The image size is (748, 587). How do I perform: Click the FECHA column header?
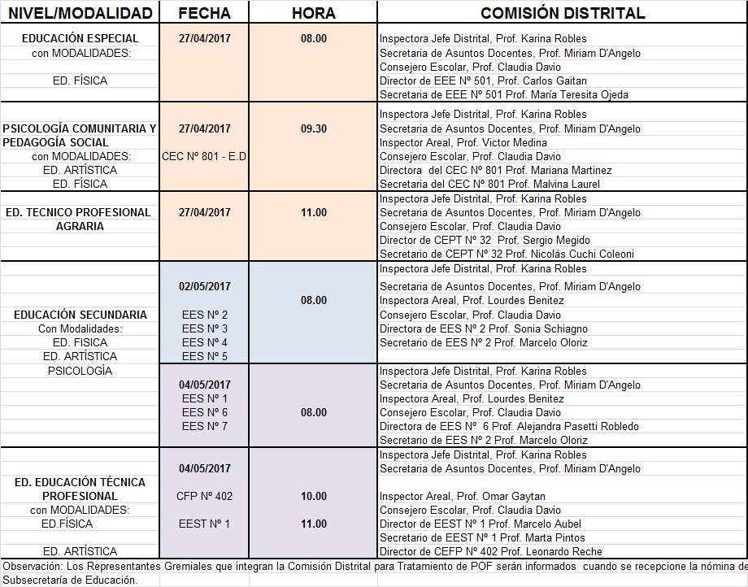[x=203, y=13]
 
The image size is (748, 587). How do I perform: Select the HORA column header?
[x=313, y=13]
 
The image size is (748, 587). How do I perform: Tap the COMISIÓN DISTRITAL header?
[x=563, y=13]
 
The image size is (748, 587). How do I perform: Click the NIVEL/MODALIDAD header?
[x=79, y=13]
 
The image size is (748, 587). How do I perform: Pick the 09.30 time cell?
[x=314, y=128]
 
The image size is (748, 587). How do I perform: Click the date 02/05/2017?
[x=205, y=286]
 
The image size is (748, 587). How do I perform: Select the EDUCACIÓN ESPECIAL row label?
[x=80, y=38]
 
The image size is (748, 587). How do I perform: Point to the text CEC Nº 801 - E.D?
[x=205, y=156]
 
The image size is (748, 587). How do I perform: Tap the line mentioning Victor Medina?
[x=461, y=142]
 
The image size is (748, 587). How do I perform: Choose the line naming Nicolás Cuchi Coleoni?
[x=507, y=254]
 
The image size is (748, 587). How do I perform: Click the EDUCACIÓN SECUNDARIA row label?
[x=80, y=315]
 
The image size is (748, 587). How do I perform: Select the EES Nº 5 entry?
[x=205, y=356]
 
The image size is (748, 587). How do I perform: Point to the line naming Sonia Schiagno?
[x=483, y=328]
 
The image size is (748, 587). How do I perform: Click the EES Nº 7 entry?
[x=205, y=426]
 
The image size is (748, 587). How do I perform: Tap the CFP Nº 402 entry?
[x=205, y=496]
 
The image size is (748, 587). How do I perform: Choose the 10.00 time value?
[x=314, y=496]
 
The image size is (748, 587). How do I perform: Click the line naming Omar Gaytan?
[x=462, y=496]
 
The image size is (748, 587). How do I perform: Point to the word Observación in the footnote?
[x=28, y=566]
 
